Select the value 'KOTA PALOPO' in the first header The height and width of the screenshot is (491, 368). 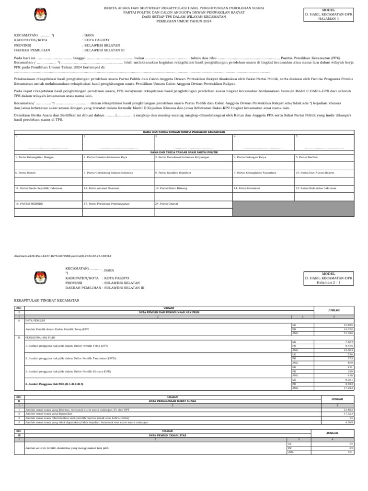[x=96, y=40]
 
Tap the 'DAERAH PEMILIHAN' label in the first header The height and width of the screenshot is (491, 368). [x=32, y=50]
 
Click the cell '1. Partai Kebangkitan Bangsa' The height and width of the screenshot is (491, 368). [x=34, y=157]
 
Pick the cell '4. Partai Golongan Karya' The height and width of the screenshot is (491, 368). [x=250, y=157]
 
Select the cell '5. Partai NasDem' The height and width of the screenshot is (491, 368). [x=307, y=157]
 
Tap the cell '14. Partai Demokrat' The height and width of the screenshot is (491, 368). [x=247, y=188]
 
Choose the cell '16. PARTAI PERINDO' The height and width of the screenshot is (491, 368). [x=29, y=204]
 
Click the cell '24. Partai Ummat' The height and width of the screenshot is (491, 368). [x=167, y=204]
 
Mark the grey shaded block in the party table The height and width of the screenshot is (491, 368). [x=293, y=209]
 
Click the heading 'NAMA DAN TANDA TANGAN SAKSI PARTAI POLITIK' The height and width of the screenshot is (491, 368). [x=184, y=152]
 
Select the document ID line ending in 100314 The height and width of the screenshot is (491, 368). [x=62, y=257]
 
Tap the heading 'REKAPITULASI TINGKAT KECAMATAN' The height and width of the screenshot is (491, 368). [x=46, y=300]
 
